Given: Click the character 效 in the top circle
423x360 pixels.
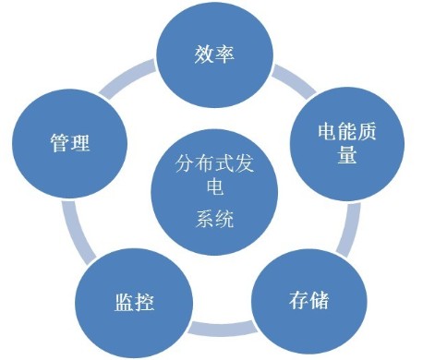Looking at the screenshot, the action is pyautogui.click(x=204, y=54).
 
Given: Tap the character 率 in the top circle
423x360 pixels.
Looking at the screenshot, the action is pyautogui.click(x=224, y=54).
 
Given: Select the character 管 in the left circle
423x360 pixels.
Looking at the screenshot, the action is pyautogui.click(x=60, y=142).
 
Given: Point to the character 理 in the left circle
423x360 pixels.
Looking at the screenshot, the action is pyautogui.click(x=80, y=142).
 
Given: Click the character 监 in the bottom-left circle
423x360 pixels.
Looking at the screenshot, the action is pyautogui.click(x=124, y=302).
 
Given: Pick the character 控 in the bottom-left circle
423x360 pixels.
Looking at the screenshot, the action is pyautogui.click(x=145, y=302).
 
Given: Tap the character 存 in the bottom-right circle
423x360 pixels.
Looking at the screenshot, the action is pyautogui.click(x=298, y=300).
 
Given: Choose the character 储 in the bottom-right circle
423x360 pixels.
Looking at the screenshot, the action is pyautogui.click(x=320, y=300).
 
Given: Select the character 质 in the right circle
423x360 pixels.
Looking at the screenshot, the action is pyautogui.click(x=367, y=132).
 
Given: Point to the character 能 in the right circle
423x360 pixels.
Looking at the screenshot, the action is pyautogui.click(x=347, y=132).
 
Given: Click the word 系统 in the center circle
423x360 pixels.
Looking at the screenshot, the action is pyautogui.click(x=214, y=219).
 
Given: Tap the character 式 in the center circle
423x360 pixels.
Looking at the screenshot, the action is pyautogui.click(x=224, y=163).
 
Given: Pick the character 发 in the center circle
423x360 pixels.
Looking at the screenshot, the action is pyautogui.click(x=245, y=163).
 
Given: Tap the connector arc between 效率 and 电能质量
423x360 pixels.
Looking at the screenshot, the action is pyautogui.click(x=294, y=80).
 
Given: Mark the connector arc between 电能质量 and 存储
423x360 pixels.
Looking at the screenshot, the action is pyautogui.click(x=350, y=230).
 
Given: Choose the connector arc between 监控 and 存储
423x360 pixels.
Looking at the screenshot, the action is pyautogui.click(x=223, y=328).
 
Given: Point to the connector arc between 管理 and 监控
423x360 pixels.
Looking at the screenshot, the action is pyautogui.click(x=76, y=234).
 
